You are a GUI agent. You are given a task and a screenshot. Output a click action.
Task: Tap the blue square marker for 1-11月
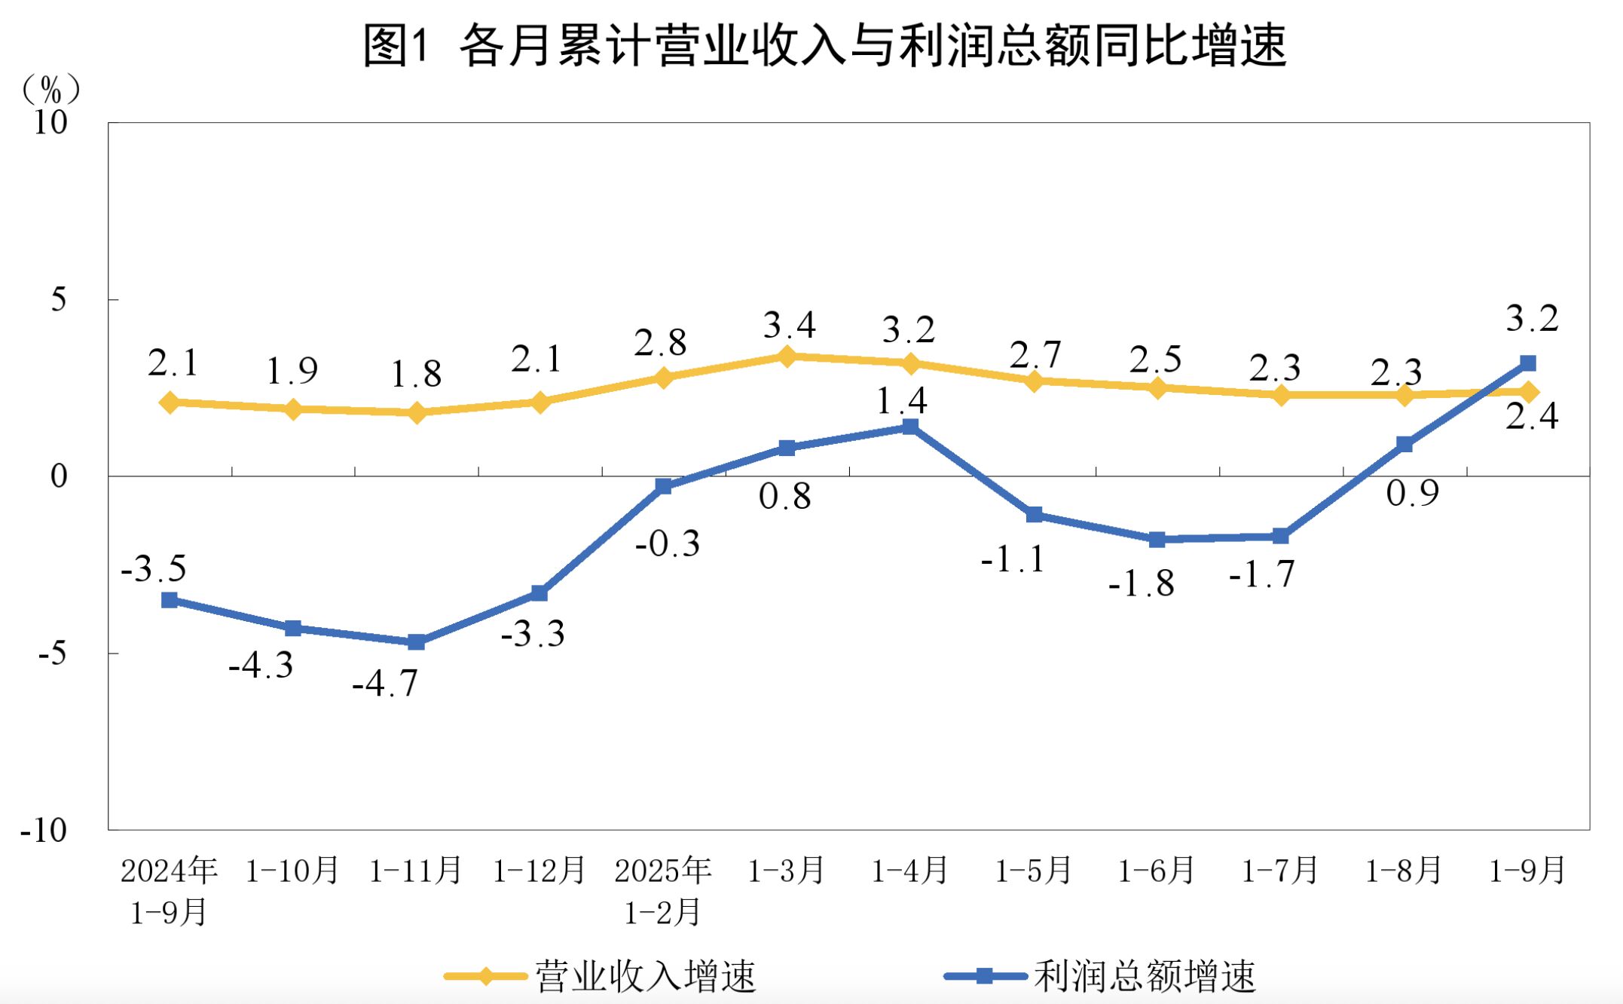(x=417, y=642)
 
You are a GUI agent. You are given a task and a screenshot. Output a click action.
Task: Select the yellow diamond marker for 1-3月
(x=787, y=356)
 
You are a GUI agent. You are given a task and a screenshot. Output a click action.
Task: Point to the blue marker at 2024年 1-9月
(x=170, y=600)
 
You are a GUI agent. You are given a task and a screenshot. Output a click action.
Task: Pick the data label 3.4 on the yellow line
(x=789, y=326)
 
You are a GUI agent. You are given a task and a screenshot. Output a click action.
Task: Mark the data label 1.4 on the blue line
(x=902, y=401)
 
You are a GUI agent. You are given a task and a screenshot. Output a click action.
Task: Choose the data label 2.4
(x=1532, y=416)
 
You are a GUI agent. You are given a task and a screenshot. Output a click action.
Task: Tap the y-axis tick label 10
(x=50, y=123)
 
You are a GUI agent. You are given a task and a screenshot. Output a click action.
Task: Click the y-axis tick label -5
(x=52, y=654)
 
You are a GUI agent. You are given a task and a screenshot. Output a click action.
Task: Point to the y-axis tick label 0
(x=59, y=476)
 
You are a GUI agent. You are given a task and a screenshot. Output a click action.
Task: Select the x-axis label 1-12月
(x=539, y=871)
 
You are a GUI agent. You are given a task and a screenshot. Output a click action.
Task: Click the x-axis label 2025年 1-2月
(x=663, y=891)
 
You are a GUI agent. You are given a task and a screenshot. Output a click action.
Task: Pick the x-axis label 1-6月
(x=1157, y=871)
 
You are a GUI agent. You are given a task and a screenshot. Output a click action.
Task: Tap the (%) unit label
(x=50, y=90)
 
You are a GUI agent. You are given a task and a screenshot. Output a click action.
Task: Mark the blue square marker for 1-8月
(x=1404, y=445)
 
